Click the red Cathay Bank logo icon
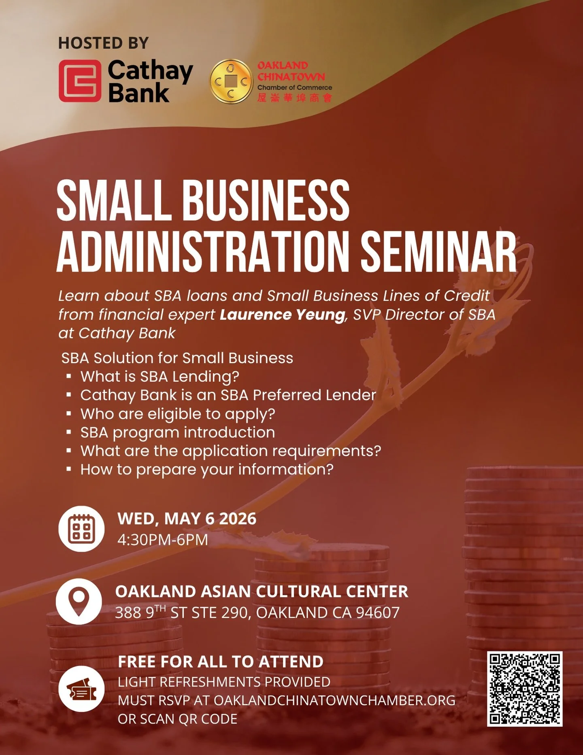click(80, 81)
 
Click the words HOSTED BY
click(103, 43)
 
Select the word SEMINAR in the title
click(438, 252)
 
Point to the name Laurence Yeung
click(282, 315)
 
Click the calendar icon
click(81, 529)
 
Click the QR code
click(524, 689)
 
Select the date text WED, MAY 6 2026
click(187, 519)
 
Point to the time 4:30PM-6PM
click(163, 540)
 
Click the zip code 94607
click(378, 613)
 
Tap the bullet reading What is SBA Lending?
click(160, 376)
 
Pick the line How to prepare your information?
click(207, 470)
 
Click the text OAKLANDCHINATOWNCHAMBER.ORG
click(334, 700)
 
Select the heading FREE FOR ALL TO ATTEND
click(221, 662)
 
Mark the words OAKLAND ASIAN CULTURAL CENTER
click(262, 591)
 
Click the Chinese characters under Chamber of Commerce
click(294, 98)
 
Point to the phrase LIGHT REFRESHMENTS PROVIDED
click(224, 682)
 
